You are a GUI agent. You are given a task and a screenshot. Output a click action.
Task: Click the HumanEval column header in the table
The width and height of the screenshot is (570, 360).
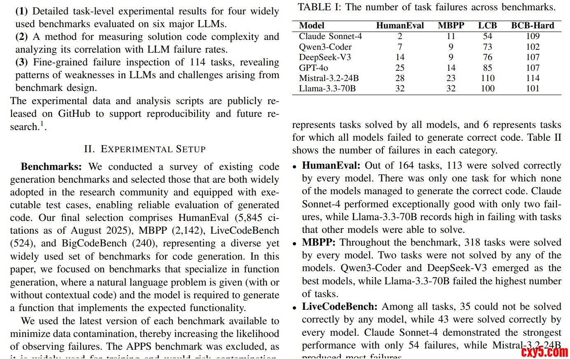click(x=400, y=26)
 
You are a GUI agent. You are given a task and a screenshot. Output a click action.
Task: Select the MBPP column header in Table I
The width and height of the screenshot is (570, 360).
click(x=451, y=26)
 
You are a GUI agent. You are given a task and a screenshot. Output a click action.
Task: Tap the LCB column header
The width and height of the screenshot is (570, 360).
click(x=487, y=26)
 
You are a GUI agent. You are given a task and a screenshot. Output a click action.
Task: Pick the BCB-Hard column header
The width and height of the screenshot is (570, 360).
click(x=533, y=26)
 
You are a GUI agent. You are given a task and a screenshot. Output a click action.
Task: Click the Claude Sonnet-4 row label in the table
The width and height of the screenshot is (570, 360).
click(x=330, y=36)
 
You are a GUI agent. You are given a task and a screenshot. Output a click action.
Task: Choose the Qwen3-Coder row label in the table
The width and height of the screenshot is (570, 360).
click(x=325, y=47)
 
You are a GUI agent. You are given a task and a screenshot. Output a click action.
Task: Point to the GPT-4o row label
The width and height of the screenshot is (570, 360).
click(x=313, y=68)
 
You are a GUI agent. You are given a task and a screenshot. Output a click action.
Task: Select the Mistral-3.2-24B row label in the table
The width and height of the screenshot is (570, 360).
click(x=328, y=78)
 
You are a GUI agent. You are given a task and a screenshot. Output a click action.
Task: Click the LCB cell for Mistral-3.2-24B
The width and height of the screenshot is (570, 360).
click(x=487, y=78)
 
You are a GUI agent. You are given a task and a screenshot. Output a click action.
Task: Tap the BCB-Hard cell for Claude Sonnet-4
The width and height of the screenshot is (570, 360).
click(x=533, y=36)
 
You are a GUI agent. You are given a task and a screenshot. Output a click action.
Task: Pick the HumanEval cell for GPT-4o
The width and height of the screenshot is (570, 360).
click(x=400, y=68)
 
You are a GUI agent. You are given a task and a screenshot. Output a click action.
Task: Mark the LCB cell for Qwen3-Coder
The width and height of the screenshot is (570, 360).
click(x=487, y=47)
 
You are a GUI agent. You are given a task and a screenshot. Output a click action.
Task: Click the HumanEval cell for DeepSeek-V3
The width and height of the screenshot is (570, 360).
click(x=400, y=57)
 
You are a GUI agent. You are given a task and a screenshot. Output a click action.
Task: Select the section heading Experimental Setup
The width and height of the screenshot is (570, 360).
click(x=144, y=149)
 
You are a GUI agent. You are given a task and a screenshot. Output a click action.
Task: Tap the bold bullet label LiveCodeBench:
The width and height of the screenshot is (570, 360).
click(x=340, y=307)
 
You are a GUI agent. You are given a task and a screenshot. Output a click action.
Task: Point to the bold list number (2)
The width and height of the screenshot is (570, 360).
click(x=21, y=37)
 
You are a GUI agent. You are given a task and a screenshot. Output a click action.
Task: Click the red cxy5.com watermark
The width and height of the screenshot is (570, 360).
click(x=544, y=352)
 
